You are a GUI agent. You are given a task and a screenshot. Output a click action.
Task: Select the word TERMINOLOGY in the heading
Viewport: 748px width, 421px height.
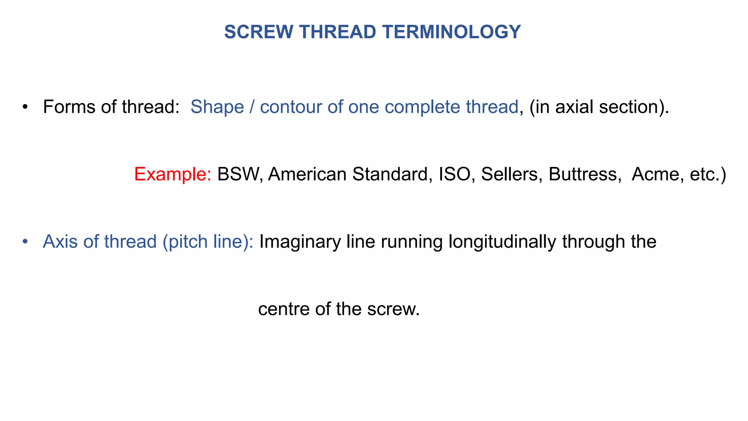click(452, 32)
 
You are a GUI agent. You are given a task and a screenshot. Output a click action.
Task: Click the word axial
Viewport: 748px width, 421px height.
click(575, 107)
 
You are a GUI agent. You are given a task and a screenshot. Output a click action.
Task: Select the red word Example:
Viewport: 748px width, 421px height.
click(173, 174)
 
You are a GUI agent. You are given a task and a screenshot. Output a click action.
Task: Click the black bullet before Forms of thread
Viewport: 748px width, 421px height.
click(25, 107)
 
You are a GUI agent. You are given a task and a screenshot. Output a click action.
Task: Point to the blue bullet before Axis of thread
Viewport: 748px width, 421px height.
click(25, 242)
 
